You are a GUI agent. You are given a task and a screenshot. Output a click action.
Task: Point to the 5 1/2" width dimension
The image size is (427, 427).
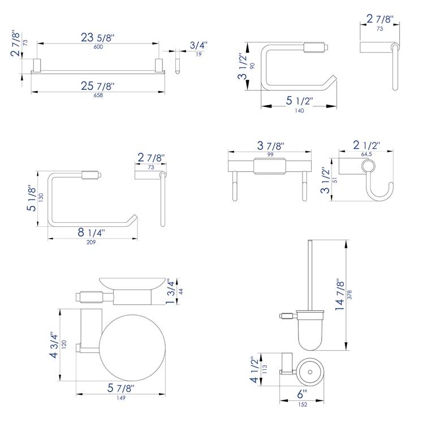(299, 101)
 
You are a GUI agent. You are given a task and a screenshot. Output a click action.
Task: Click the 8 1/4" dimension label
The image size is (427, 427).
(90, 232)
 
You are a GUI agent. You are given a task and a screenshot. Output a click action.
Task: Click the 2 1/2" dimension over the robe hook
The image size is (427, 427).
(365, 145)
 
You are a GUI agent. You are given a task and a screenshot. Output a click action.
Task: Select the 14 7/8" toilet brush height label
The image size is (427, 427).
(340, 295)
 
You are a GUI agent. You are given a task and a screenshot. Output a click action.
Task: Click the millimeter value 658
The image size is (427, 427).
(98, 95)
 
